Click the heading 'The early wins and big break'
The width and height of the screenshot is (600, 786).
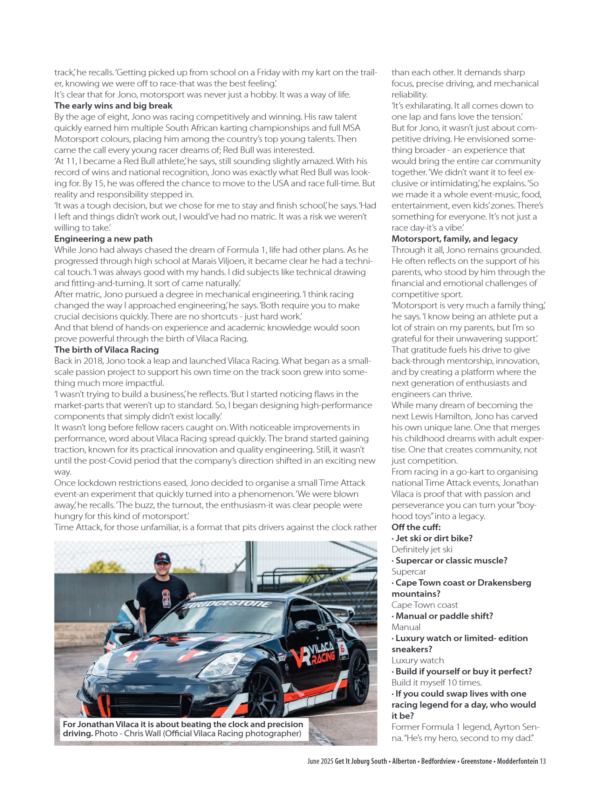113,106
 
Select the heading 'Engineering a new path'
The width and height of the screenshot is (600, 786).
103,239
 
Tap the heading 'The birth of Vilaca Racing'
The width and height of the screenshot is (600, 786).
106,350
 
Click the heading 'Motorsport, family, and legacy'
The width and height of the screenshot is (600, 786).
454,239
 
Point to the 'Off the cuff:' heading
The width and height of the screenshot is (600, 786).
416,527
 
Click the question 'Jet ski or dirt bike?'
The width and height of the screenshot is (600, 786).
433,538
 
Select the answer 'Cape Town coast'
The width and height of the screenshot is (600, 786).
424,605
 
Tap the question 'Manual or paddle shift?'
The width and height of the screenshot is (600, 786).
444,616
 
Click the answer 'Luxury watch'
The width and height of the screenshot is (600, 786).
418,660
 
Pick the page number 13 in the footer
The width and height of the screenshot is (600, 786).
542,761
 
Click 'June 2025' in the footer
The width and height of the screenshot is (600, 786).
320,761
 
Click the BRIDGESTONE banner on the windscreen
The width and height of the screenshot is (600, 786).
228,604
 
